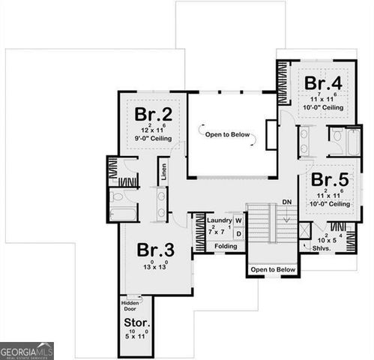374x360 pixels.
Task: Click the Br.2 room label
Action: [x=154, y=114]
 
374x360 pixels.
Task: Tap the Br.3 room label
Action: [x=154, y=250]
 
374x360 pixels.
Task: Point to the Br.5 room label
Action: [x=330, y=180]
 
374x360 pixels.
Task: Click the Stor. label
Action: [x=135, y=324]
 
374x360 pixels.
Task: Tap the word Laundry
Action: [x=220, y=220]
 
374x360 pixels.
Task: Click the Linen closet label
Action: [x=163, y=172]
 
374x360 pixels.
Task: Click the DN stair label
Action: [x=287, y=202]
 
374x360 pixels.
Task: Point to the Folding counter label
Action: [x=226, y=246]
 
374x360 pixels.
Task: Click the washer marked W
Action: [x=238, y=220]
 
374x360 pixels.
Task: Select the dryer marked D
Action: [x=238, y=234]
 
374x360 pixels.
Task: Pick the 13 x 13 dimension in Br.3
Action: [x=154, y=267]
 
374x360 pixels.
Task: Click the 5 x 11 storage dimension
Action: [x=135, y=336]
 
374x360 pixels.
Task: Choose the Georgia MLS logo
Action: [x=27, y=350]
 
